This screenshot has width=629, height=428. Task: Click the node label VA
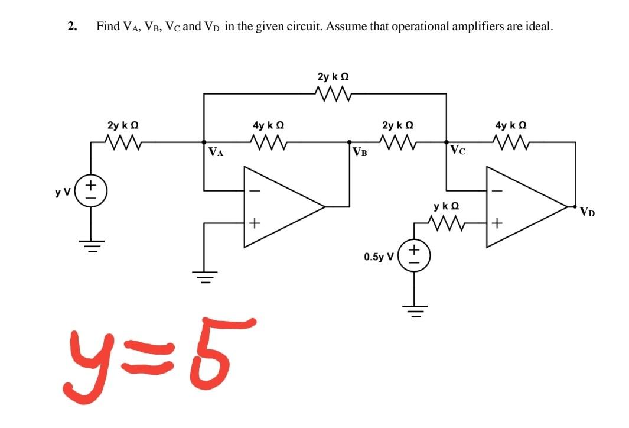(216, 152)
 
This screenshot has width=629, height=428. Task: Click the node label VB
(360, 152)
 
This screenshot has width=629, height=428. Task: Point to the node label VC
(457, 150)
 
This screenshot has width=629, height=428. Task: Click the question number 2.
(71, 27)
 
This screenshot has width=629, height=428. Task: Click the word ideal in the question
(539, 27)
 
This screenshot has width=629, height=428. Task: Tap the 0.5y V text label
(379, 257)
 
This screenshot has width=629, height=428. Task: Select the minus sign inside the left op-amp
(255, 190)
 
